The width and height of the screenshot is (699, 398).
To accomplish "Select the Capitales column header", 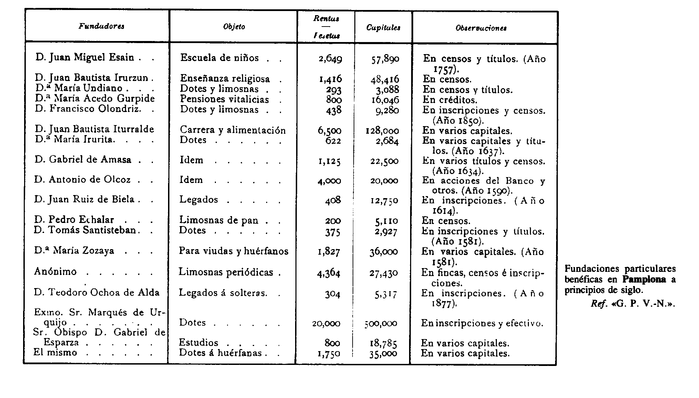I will [383, 28].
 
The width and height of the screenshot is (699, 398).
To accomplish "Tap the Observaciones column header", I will [481, 28].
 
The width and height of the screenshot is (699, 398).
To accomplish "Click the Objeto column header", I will [234, 27].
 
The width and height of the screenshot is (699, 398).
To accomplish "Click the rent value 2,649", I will [330, 59].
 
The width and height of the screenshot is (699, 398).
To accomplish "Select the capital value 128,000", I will [382, 131].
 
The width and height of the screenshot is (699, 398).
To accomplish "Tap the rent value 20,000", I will [326, 324].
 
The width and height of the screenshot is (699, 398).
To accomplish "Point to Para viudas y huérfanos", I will [233, 251].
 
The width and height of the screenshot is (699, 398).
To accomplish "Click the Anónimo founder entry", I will [55, 272].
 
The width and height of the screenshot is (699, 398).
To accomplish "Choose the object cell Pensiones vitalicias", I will [225, 100].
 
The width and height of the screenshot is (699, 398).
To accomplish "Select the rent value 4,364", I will [329, 273].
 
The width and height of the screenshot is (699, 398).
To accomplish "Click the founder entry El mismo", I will [55, 353].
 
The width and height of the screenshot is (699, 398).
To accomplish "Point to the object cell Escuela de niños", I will [219, 58].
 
